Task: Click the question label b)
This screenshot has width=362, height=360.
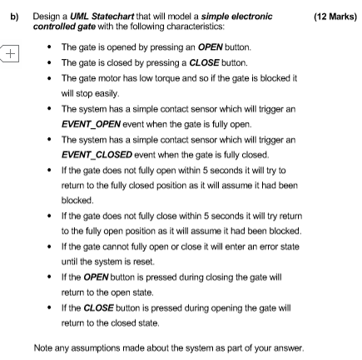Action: pos(14,17)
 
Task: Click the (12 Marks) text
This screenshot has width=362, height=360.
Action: pos(335,17)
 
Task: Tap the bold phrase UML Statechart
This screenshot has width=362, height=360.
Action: pos(102,17)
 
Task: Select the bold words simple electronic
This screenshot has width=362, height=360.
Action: pos(236,17)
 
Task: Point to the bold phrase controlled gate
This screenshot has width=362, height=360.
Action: pos(64,27)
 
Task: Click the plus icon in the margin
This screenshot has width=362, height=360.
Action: pos(10,53)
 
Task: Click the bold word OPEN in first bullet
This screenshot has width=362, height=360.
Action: pos(211,47)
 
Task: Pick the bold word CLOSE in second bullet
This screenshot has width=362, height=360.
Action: pos(204,63)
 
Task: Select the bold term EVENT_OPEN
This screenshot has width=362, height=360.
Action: pos(91,124)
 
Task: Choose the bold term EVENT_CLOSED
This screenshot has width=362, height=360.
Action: pos(97,155)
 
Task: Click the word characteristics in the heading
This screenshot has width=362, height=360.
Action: pos(196,27)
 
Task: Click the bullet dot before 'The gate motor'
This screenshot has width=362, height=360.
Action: pos(49,78)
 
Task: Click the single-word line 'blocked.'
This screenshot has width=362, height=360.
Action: pos(77,200)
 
